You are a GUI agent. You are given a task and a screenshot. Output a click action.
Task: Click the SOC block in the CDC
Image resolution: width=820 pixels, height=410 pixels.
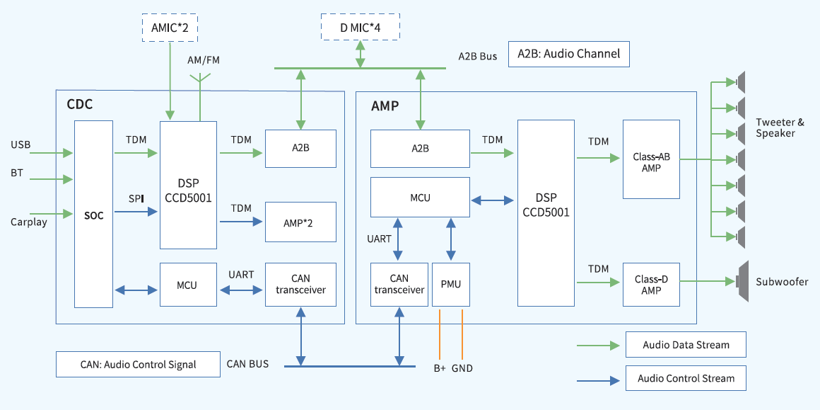pyautogui.click(x=93, y=214)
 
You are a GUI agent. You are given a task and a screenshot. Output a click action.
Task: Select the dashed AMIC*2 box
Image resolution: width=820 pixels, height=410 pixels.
pyautogui.click(x=170, y=28)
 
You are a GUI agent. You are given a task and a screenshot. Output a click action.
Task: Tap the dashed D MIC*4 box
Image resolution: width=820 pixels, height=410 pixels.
pyautogui.click(x=361, y=28)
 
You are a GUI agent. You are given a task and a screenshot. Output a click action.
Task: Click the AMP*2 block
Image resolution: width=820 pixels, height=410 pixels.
pyautogui.click(x=300, y=222)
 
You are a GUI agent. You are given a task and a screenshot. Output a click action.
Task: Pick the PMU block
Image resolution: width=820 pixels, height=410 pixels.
pyautogui.click(x=450, y=284)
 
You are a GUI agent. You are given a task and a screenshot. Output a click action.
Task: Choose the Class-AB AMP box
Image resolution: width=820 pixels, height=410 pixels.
pyautogui.click(x=651, y=159)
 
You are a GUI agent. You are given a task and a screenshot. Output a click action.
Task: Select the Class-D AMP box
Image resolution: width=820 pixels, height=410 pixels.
pyautogui.click(x=651, y=284)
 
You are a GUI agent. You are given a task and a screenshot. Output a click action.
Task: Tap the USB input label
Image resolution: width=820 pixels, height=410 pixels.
pyautogui.click(x=20, y=145)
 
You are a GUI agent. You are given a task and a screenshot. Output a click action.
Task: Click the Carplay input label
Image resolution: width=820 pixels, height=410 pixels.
pyautogui.click(x=29, y=222)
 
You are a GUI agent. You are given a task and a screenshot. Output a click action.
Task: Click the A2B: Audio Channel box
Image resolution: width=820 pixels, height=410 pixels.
pyautogui.click(x=568, y=54)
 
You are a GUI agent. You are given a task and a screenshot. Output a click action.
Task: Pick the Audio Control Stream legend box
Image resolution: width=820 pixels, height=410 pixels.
pyautogui.click(x=686, y=378)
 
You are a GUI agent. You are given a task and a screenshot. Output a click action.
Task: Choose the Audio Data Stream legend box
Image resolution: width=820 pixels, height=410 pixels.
pyautogui.click(x=686, y=345)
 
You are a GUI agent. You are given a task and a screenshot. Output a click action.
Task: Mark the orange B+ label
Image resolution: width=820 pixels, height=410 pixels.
pyautogui.click(x=440, y=368)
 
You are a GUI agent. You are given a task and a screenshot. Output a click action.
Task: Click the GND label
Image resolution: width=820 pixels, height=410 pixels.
pyautogui.click(x=462, y=368)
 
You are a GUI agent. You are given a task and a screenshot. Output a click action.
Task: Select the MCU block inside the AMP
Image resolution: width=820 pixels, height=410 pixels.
pyautogui.click(x=420, y=198)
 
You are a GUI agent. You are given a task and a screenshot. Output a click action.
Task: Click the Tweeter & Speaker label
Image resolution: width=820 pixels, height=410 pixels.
pyautogui.click(x=780, y=127)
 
